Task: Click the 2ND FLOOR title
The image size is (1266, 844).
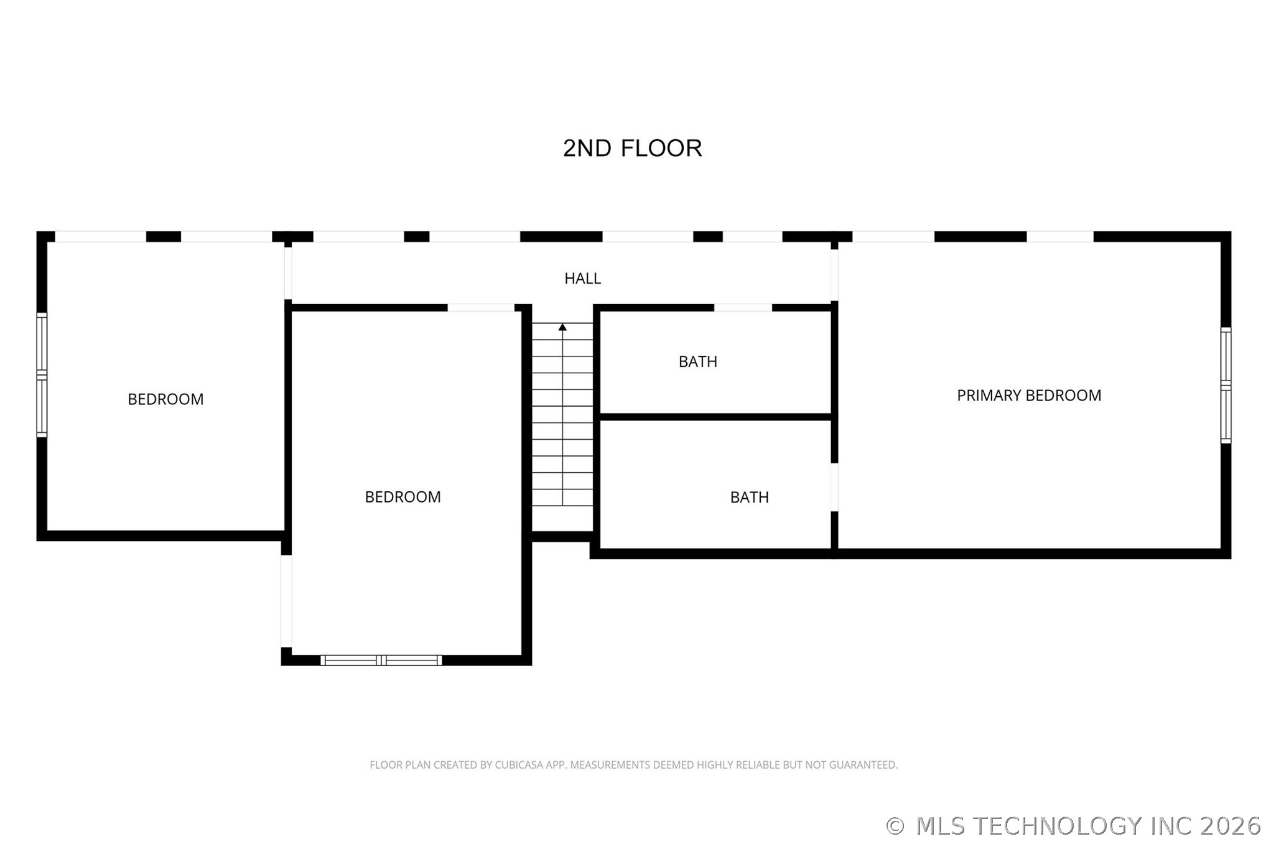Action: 632,148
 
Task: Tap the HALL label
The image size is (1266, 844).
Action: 582,279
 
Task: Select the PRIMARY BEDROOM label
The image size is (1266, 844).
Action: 1028,396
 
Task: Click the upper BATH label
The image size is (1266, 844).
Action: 697,361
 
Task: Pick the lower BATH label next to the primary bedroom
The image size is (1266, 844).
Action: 749,497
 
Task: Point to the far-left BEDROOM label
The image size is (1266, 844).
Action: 165,399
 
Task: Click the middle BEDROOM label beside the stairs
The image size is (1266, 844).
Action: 403,497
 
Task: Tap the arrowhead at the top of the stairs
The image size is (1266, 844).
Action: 562,327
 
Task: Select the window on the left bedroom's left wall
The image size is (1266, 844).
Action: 42,375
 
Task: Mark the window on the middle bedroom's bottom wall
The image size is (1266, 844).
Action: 381,660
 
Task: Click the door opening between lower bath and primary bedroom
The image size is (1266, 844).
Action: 834,488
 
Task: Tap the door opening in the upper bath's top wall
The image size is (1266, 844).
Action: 743,308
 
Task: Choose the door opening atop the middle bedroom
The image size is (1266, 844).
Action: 481,308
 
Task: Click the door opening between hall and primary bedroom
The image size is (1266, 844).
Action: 834,276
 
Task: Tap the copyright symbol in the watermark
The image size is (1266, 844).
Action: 895,826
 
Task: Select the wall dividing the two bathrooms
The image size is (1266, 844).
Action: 715,417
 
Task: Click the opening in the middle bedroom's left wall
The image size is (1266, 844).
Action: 286,601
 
